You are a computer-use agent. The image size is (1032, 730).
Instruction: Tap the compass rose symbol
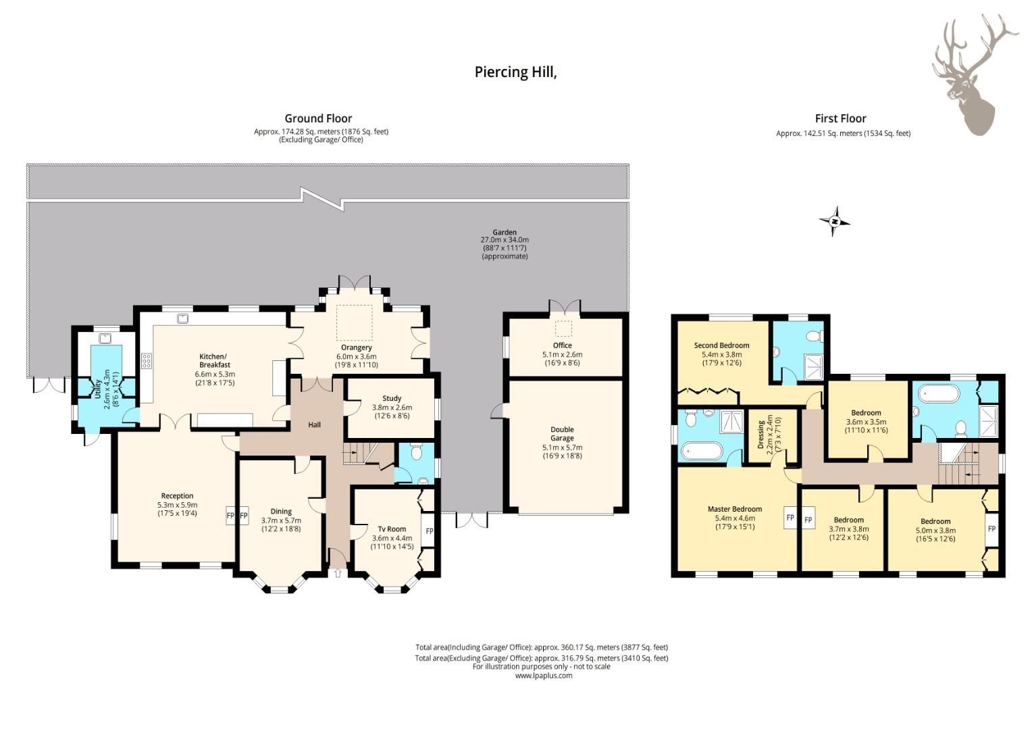coord(835,221)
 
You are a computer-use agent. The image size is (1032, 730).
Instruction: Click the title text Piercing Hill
coord(515,72)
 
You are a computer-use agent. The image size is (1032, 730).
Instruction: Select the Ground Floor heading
coord(318,118)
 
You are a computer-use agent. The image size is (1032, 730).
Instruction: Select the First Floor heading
coord(840,118)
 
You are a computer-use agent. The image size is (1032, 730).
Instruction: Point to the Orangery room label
coord(356,348)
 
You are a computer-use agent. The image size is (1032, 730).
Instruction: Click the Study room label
coord(392,398)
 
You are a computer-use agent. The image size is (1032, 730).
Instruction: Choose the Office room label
coord(562,345)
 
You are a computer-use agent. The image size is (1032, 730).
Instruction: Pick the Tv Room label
coord(392,529)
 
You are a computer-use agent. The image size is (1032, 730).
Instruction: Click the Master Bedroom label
coord(735,509)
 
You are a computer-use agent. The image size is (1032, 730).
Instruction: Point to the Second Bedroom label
coord(721,345)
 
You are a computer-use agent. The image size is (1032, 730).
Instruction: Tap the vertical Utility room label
coord(99,394)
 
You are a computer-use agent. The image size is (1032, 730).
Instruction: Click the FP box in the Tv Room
coord(429,531)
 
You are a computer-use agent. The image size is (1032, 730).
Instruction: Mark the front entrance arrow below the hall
coord(338,573)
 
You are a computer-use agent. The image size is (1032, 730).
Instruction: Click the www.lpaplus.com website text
coord(543,675)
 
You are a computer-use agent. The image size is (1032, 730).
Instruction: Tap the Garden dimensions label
coord(505,244)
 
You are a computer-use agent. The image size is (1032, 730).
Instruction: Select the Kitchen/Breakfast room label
coord(214,361)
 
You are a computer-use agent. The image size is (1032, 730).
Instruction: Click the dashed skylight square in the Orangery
coord(355,322)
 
